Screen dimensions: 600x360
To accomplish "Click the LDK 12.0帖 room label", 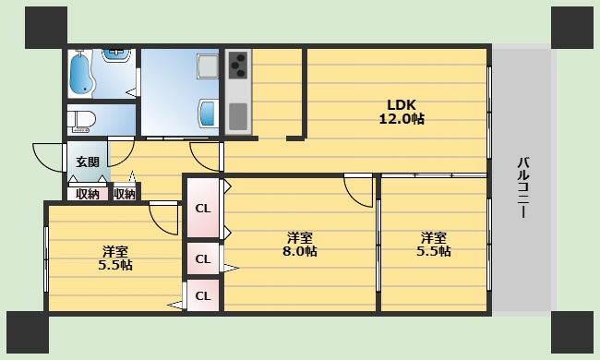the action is coord(402,112).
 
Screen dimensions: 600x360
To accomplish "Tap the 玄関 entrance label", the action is coord(88,162).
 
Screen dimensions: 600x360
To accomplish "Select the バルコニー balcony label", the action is coord(523,187).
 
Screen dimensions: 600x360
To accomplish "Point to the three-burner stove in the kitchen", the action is coord(237,65).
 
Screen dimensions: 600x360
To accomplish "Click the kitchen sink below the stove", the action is coord(238,116).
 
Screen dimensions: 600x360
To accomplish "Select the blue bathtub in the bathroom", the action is coord(81,74).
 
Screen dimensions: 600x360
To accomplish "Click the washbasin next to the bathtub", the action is coord(116,55).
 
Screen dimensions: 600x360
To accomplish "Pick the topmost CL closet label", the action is coord(203,209).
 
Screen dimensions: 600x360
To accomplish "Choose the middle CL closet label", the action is coord(203,259).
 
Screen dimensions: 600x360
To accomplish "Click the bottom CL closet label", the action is coord(203,295).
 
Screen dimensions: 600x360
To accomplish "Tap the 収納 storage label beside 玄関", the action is coord(88,195).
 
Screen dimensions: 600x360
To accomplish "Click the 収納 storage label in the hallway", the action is coord(125,195).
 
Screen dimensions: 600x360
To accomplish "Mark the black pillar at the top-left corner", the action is coord(46,28).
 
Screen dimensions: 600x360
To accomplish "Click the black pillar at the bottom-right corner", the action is coord(572,331).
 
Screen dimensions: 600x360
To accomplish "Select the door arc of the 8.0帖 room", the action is coord(353,196).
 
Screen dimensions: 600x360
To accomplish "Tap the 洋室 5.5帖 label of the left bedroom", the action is coord(115,258).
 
